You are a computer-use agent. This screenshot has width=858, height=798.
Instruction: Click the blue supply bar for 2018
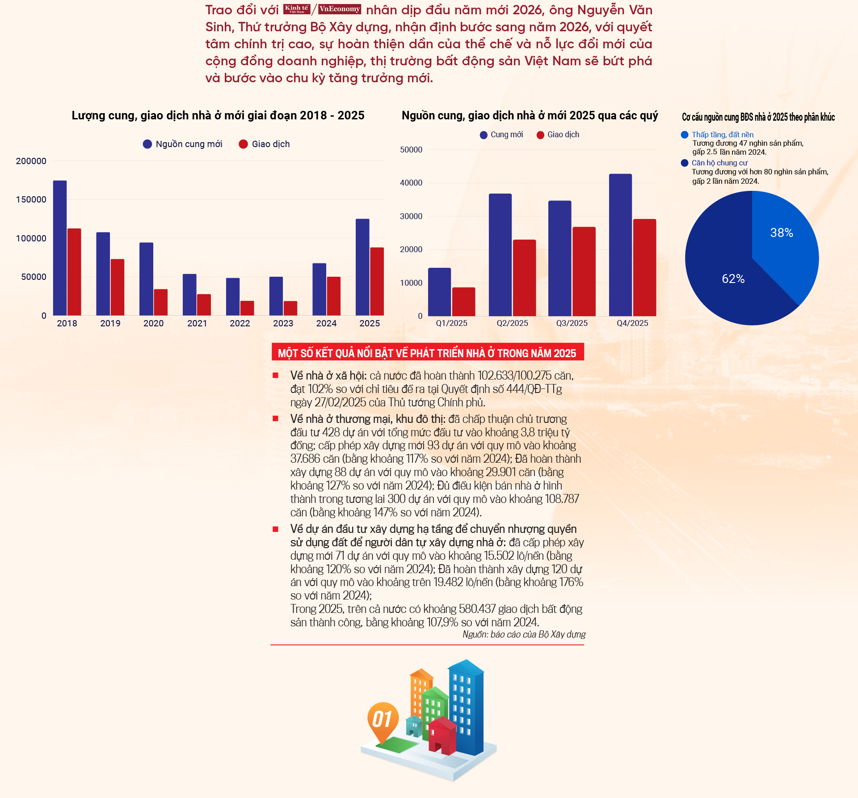(x=60, y=248)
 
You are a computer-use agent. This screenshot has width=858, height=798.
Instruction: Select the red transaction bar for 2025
(x=377, y=282)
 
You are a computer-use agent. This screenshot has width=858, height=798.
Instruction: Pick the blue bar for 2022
(x=233, y=297)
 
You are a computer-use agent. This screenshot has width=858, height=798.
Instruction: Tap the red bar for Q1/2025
(x=464, y=302)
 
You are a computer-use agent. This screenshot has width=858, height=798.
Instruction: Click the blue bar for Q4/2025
(x=620, y=245)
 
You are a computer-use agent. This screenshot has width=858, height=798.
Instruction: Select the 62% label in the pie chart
(x=733, y=279)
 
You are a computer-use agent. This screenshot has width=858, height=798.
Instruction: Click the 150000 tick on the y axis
(x=31, y=199)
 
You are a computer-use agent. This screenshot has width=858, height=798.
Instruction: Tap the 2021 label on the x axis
(x=197, y=323)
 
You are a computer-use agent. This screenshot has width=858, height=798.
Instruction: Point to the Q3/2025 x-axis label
(x=572, y=323)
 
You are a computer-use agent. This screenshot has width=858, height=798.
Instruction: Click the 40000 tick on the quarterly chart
(x=411, y=183)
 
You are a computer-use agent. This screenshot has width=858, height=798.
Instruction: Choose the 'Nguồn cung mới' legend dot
(x=147, y=144)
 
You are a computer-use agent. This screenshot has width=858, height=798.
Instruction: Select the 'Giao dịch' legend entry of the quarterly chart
(x=558, y=135)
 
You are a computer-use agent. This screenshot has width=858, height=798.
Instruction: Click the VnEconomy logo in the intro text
(x=340, y=9)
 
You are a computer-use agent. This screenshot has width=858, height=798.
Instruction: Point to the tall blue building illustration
(x=466, y=706)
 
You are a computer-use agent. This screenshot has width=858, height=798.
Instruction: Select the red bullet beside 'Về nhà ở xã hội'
(x=276, y=376)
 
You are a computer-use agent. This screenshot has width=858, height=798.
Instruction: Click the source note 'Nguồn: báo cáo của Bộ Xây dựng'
(x=524, y=634)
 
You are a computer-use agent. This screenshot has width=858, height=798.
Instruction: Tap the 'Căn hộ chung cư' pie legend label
(x=719, y=163)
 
